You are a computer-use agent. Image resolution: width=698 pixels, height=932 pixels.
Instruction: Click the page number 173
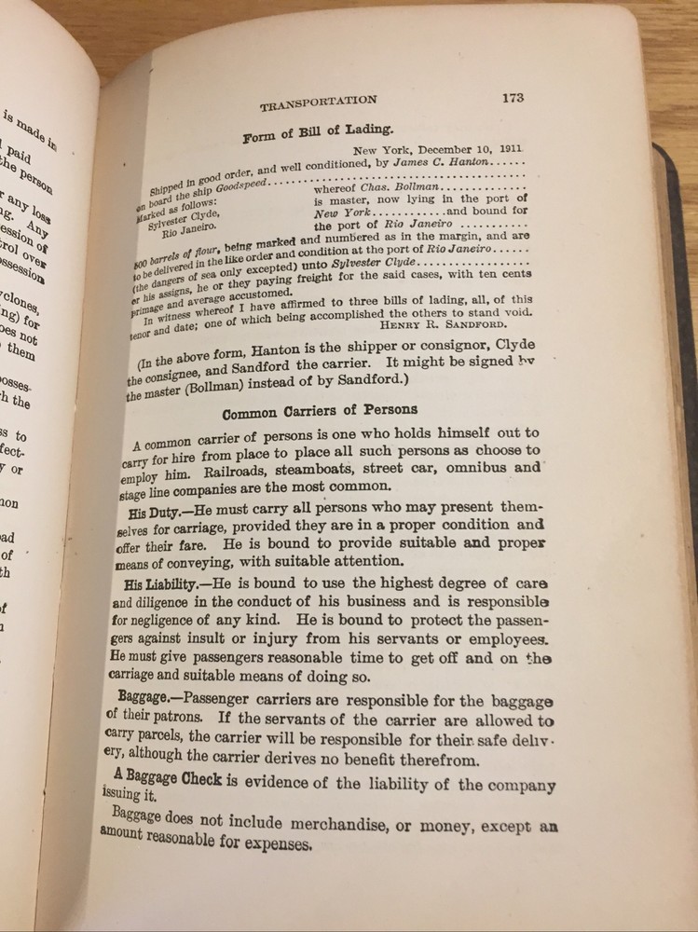coord(513,97)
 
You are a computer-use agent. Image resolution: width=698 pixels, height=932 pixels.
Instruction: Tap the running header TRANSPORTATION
coord(319,103)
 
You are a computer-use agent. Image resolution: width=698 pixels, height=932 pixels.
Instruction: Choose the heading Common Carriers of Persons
coord(319,410)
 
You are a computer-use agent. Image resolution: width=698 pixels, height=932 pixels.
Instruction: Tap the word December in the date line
coord(446,149)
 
